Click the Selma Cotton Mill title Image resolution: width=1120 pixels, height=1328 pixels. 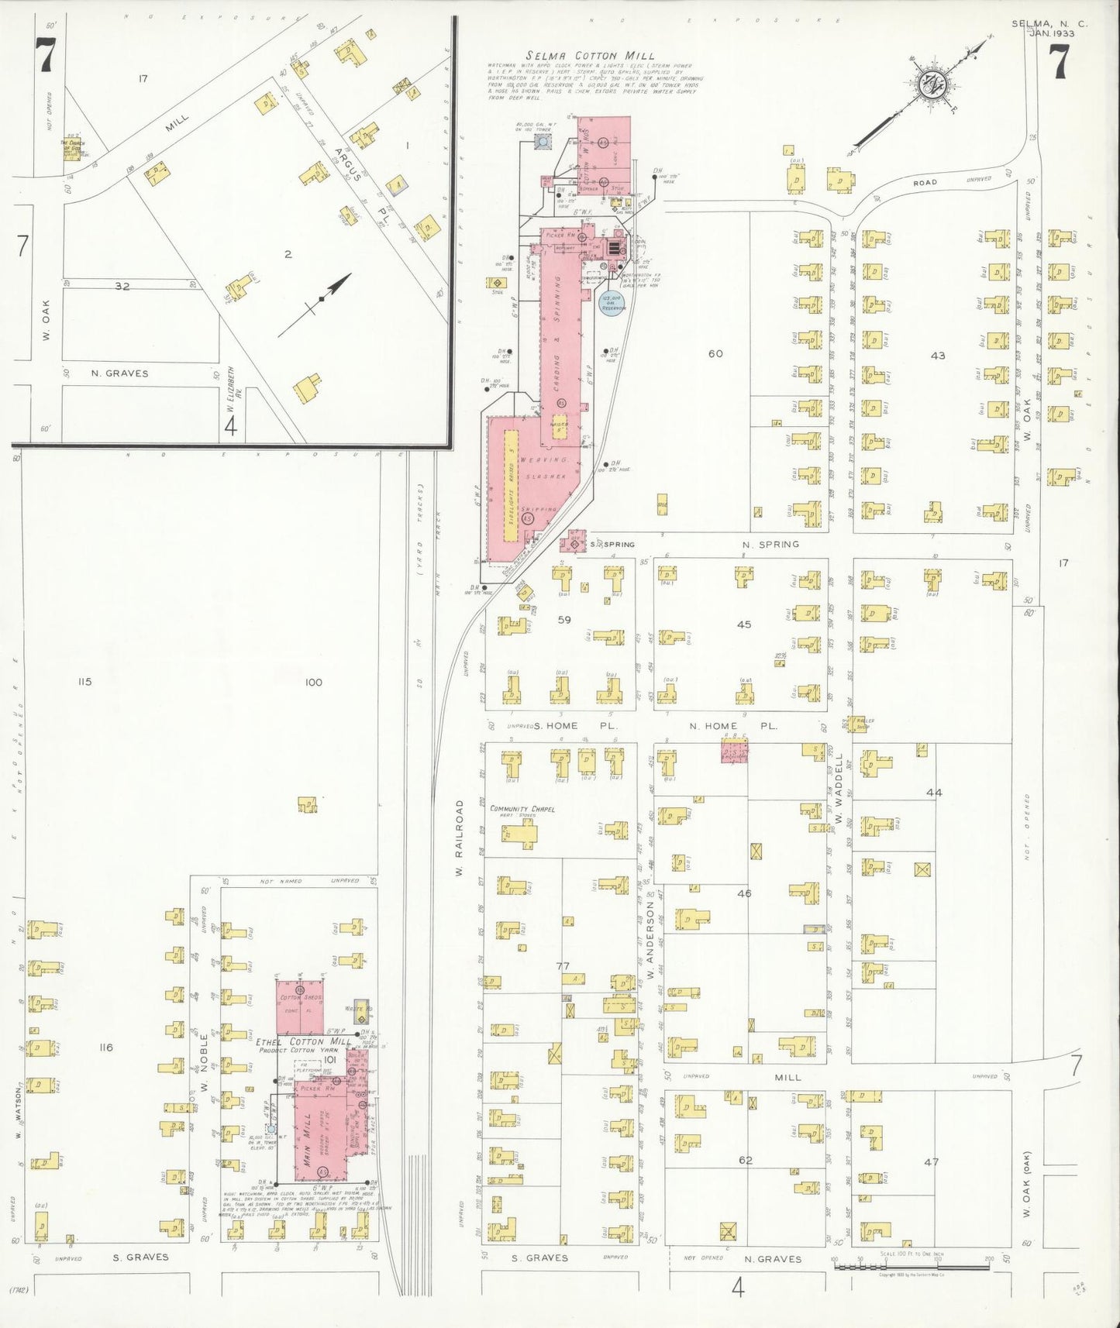pos(591,56)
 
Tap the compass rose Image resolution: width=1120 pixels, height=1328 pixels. pos(928,85)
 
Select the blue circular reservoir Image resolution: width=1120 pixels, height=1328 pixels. pos(612,303)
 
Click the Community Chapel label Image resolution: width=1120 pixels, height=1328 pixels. pos(522,809)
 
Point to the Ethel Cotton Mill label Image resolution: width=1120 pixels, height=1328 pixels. pos(291,1042)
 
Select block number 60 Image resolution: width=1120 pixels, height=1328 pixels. pos(715,354)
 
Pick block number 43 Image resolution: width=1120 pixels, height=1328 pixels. pos(938,356)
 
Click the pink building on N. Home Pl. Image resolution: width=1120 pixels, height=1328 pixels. pos(735,752)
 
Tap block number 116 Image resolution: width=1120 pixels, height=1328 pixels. pos(106,1048)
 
